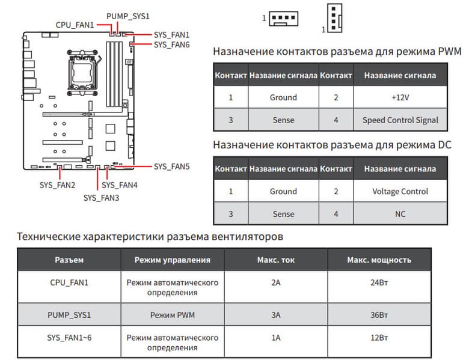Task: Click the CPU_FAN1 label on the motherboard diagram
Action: [x=75, y=25]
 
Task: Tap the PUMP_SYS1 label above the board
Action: [x=128, y=15]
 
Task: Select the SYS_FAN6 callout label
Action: [x=171, y=44]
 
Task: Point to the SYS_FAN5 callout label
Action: [x=171, y=166]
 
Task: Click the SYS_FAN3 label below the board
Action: [x=101, y=197]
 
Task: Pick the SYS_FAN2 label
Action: [x=57, y=185]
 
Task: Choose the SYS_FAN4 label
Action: [x=120, y=185]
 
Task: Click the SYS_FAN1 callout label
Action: [x=171, y=35]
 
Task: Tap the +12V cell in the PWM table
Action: [x=400, y=97]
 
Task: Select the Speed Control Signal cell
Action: [x=400, y=120]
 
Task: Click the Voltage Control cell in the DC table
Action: [x=400, y=191]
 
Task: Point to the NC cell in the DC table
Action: [x=400, y=214]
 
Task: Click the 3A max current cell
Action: [x=275, y=315]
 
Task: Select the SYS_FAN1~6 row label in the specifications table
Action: [x=69, y=338]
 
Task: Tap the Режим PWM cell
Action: [x=172, y=315]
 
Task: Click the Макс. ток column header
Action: [x=275, y=260]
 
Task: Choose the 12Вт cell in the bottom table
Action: [x=379, y=338]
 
